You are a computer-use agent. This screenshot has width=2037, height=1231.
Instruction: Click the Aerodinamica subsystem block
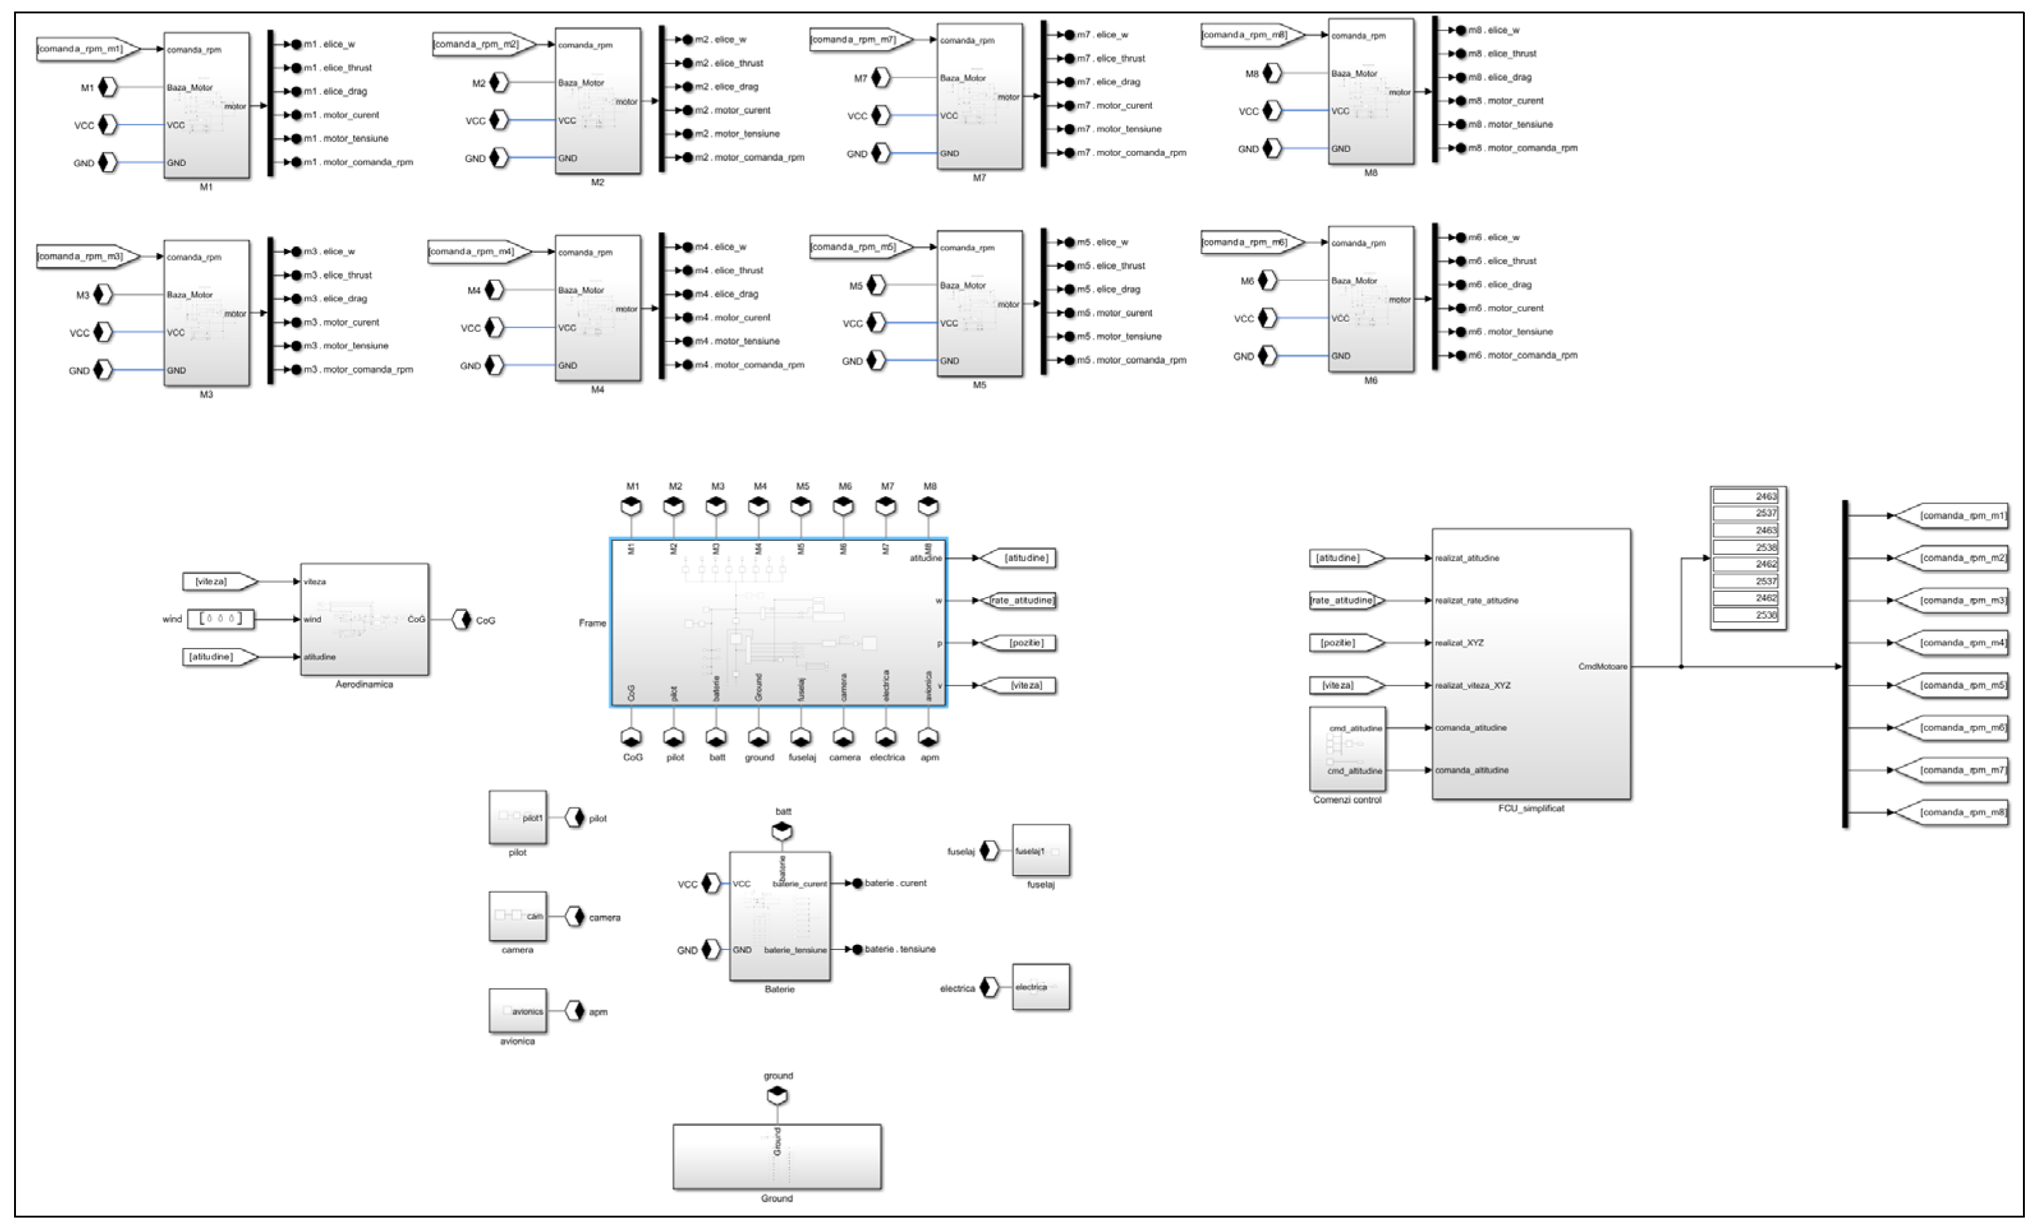[x=364, y=619]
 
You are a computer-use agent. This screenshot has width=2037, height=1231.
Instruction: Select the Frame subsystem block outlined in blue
[x=778, y=623]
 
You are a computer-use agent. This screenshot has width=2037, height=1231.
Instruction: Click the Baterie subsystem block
[x=779, y=916]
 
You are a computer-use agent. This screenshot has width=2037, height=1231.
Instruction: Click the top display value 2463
[x=1747, y=496]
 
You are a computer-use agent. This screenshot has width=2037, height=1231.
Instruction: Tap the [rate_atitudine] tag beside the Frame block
[x=1020, y=600]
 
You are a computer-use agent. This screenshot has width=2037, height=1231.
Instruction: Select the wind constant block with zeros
[x=221, y=619]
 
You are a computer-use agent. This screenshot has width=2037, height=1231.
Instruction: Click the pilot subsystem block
[x=517, y=818]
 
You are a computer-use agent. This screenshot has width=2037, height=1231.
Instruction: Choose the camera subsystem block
[x=517, y=916]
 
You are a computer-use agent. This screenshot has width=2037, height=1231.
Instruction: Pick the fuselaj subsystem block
[x=1040, y=850]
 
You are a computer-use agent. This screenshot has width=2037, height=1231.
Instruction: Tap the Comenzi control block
[x=1347, y=749]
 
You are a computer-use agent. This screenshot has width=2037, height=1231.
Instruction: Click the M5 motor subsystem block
[x=979, y=303]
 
